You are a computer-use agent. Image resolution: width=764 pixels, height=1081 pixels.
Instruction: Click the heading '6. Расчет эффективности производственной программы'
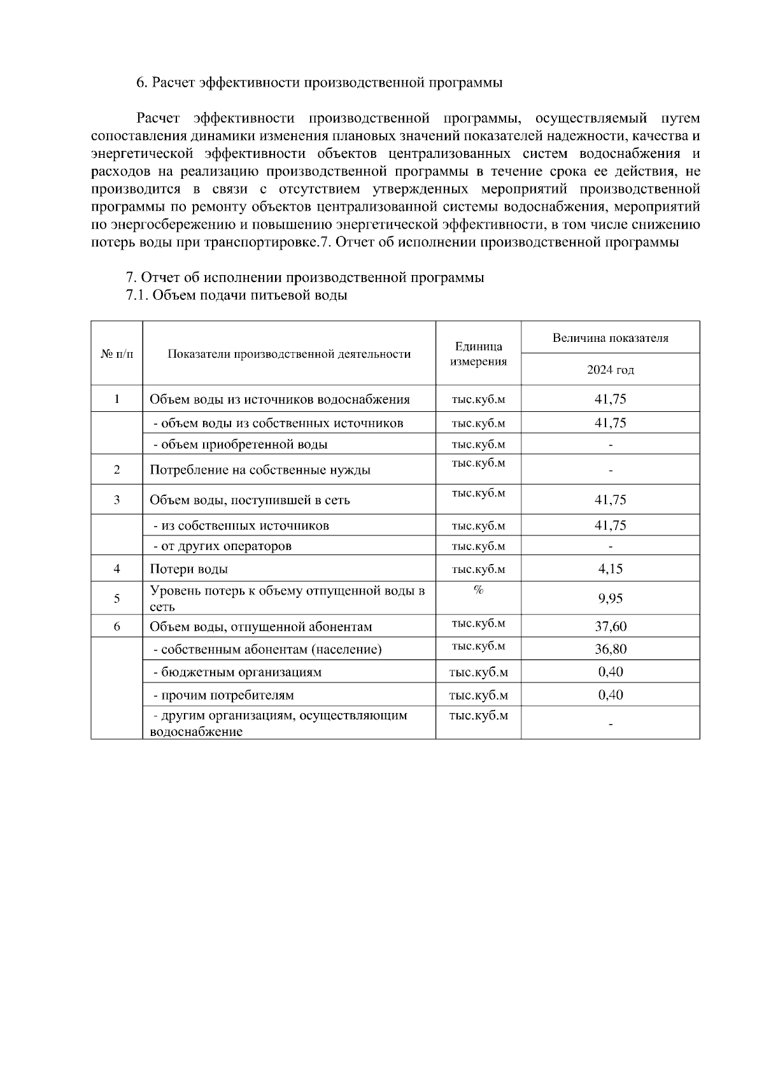point(320,83)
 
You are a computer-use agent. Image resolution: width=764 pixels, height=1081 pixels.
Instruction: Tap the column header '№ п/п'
point(117,354)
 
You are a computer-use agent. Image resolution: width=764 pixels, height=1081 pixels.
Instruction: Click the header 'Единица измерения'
point(478,354)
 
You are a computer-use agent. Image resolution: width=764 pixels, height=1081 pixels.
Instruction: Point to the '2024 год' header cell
point(610,370)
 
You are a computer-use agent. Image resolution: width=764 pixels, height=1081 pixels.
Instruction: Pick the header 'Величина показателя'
point(610,338)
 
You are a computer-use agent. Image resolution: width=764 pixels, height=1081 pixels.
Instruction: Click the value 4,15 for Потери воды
point(610,569)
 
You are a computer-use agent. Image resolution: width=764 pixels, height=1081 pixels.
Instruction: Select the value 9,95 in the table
point(610,598)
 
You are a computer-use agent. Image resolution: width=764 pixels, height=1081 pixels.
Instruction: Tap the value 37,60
point(610,626)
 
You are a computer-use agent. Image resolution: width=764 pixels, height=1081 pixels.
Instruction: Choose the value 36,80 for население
point(610,649)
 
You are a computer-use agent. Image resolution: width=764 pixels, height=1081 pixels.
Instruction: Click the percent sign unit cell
point(478,590)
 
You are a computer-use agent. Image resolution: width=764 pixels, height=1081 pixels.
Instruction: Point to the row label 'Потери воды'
point(188,569)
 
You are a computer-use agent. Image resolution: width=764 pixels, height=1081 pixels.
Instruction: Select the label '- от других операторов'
point(222,546)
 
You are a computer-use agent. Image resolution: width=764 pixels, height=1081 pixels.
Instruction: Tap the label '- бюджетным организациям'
point(237,672)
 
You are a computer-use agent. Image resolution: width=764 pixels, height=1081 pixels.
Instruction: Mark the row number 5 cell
point(117,598)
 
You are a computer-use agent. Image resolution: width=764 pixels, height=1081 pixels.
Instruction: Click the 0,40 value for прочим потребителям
point(610,695)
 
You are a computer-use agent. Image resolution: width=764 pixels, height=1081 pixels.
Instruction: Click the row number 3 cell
point(117,500)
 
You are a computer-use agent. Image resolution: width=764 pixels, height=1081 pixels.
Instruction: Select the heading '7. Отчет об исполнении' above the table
point(305,278)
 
